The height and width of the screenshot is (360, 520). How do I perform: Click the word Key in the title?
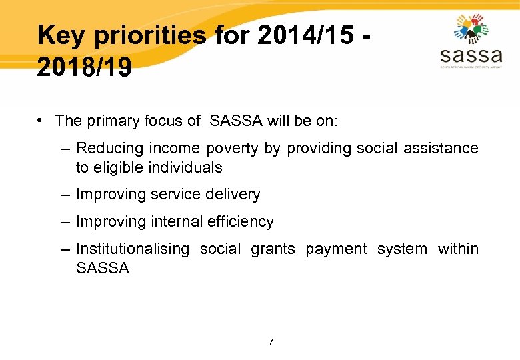62,35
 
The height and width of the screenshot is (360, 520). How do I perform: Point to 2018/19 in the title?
85,67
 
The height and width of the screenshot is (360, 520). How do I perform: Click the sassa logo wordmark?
471,53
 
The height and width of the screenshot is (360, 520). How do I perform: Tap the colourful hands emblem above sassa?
471,28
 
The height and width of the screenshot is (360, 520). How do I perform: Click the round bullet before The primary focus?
41,121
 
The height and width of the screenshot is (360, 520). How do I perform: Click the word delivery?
233,195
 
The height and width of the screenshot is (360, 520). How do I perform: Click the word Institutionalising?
133,249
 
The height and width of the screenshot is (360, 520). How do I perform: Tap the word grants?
273,249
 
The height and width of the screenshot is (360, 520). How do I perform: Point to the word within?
458,249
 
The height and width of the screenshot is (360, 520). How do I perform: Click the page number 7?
271,342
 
